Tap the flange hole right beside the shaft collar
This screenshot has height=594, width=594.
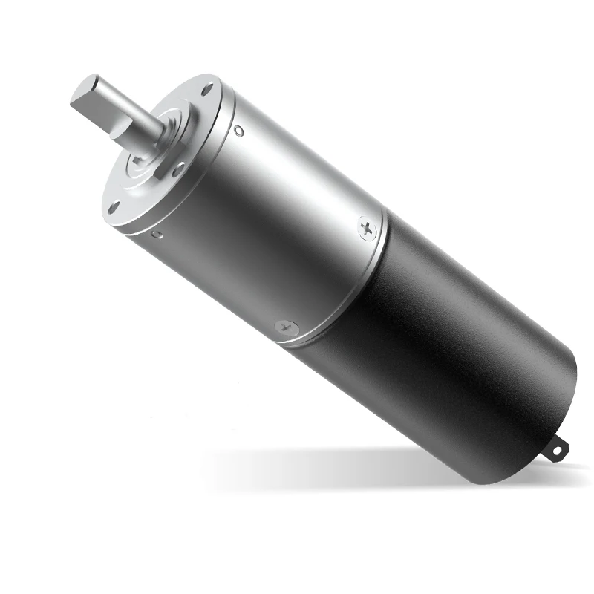[178, 169]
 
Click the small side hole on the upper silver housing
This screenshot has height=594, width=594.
[238, 131]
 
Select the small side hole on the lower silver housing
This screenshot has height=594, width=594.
[157, 235]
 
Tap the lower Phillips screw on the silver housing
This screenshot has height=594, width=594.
[285, 326]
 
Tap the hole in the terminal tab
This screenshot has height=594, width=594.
[558, 448]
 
